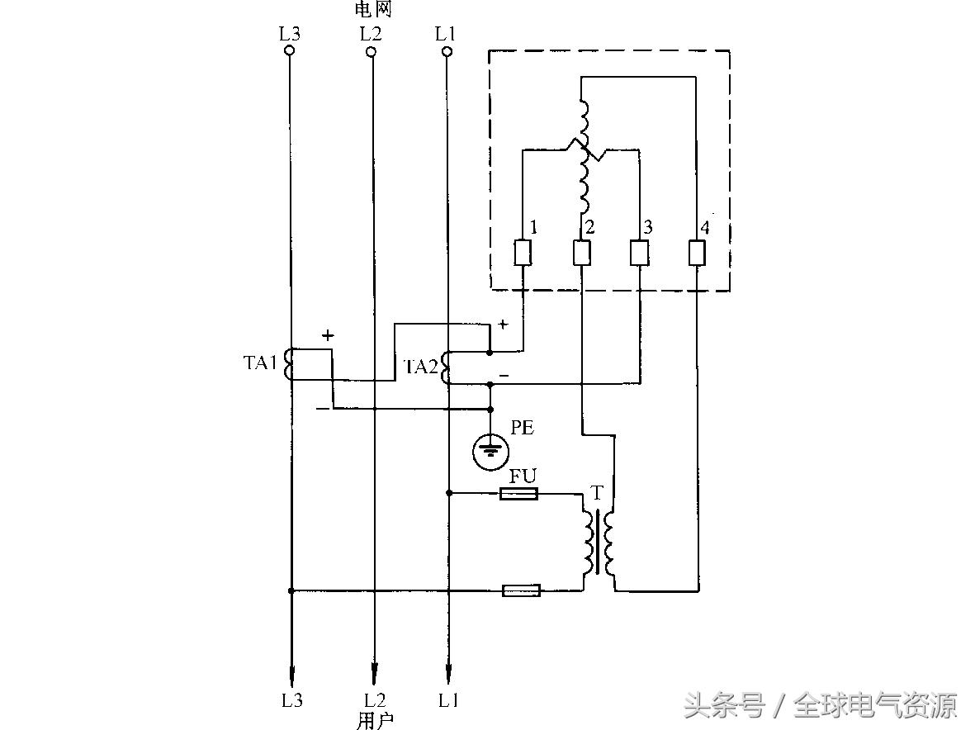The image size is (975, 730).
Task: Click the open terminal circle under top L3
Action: click(289, 51)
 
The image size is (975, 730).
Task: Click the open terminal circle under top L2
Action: click(371, 51)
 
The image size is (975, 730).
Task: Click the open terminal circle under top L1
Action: click(447, 51)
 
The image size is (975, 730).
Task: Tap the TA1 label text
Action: click(261, 363)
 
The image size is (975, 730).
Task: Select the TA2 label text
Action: click(420, 367)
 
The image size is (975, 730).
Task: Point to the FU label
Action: click(523, 476)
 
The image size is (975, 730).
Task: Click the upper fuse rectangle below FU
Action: click(519, 494)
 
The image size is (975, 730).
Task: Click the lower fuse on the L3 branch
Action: click(522, 590)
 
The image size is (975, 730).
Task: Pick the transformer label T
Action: click(598, 494)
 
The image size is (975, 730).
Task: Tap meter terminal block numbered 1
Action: click(523, 253)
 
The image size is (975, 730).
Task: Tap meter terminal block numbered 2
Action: click(581, 253)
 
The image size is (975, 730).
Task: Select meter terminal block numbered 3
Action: click(640, 253)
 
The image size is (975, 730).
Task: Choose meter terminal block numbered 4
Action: click(697, 253)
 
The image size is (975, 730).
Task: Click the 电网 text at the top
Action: click(372, 10)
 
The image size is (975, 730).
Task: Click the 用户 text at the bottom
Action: click(374, 720)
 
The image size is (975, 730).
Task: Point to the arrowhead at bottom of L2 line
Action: click(374, 671)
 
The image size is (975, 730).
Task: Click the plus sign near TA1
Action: click(329, 335)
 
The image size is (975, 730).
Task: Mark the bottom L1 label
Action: click(448, 700)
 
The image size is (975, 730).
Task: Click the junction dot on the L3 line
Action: click(291, 590)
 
